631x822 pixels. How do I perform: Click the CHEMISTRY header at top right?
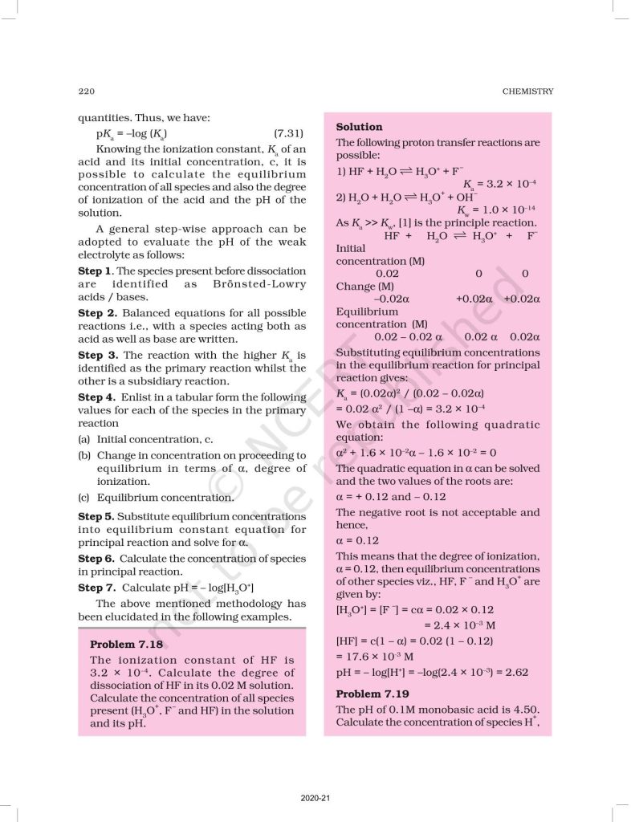[527, 91]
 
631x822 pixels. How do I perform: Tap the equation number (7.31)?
[288, 132]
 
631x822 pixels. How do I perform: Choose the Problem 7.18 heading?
[126, 645]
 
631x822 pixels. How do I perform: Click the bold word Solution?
[359, 127]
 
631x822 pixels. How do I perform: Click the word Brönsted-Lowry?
[259, 284]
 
